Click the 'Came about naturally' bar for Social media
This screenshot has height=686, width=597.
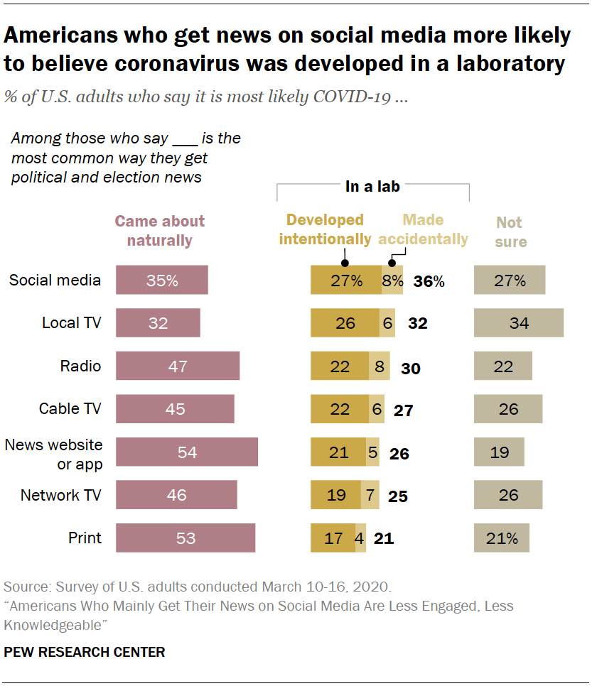pyautogui.click(x=161, y=280)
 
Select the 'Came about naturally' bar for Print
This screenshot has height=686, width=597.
pyautogui.click(x=185, y=538)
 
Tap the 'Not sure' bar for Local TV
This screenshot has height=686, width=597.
pyautogui.click(x=518, y=322)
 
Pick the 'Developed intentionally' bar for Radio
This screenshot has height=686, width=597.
pyautogui.click(x=340, y=366)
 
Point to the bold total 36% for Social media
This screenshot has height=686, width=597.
pyautogui.click(x=429, y=281)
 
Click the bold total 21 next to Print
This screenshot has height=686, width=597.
pyautogui.click(x=384, y=538)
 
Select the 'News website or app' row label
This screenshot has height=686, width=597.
pyautogui.click(x=54, y=454)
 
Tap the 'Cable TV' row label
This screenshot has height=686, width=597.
pyautogui.click(x=70, y=409)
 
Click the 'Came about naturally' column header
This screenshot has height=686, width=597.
pyautogui.click(x=160, y=231)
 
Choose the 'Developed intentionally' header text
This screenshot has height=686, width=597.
pyautogui.click(x=325, y=229)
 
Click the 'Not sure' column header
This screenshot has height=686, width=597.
pyautogui.click(x=510, y=232)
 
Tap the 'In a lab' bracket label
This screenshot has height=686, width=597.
pyautogui.click(x=372, y=187)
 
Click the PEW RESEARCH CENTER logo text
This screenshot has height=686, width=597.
pyautogui.click(x=85, y=652)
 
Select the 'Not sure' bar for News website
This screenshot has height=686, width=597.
pyautogui.click(x=499, y=452)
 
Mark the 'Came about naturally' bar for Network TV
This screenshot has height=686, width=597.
pyautogui.click(x=176, y=495)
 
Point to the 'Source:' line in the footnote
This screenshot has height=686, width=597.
pyautogui.click(x=197, y=587)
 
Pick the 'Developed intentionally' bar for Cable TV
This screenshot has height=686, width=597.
pyautogui.click(x=340, y=409)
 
